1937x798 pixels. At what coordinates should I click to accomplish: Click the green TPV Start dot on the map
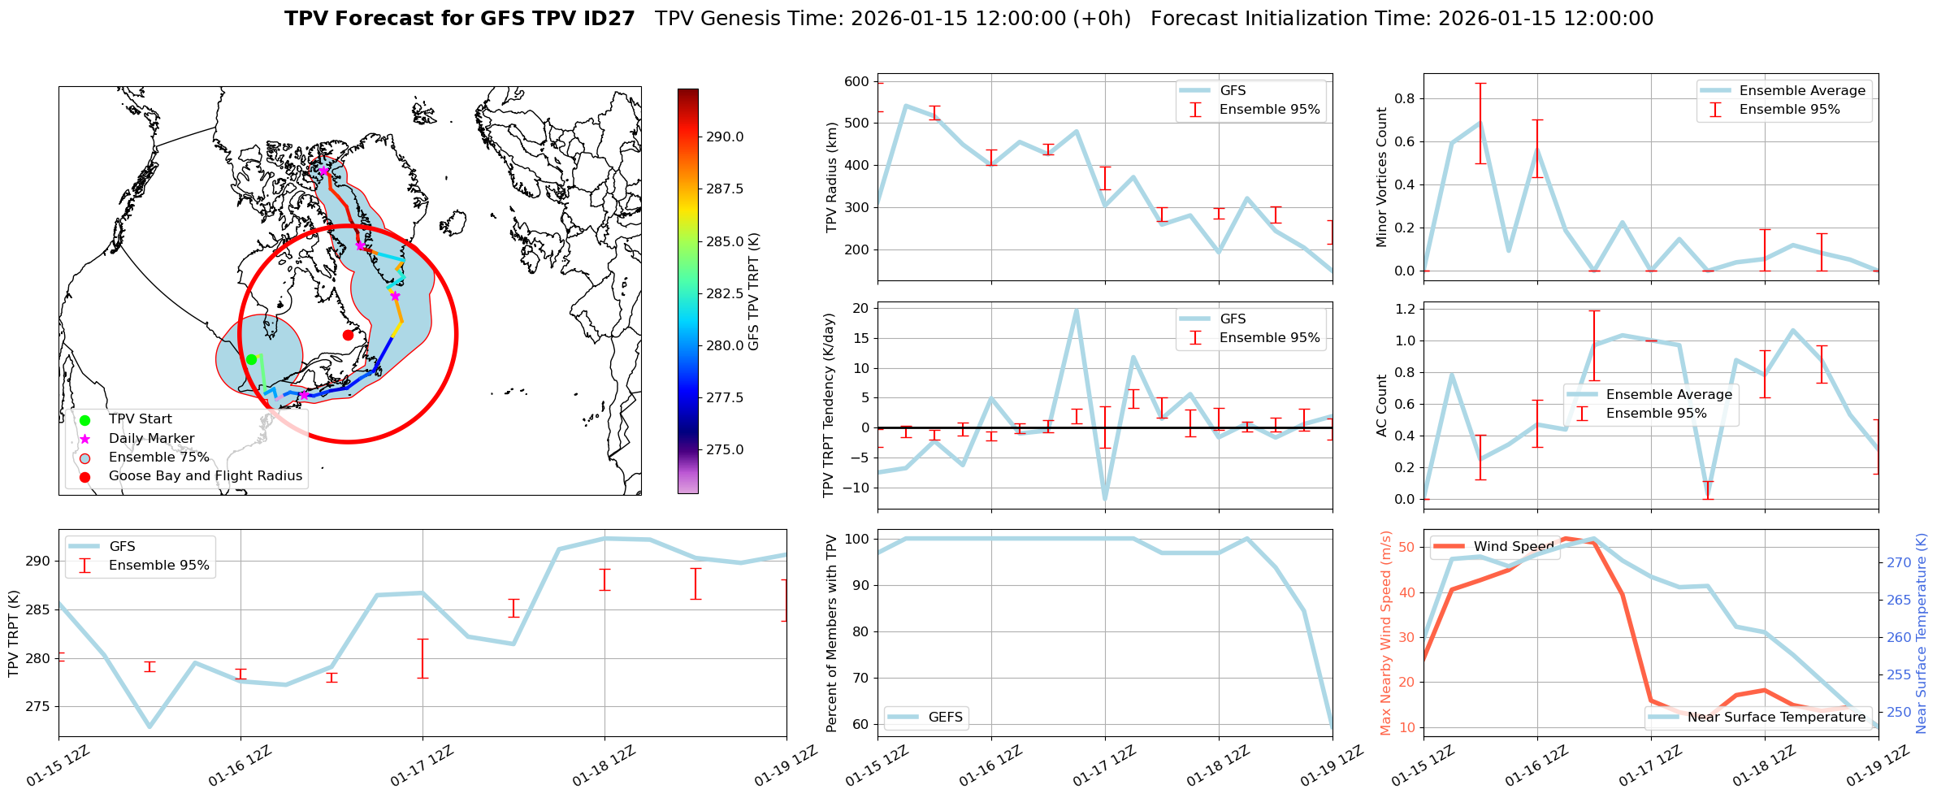click(251, 359)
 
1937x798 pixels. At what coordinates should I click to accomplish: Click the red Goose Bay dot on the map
click(348, 335)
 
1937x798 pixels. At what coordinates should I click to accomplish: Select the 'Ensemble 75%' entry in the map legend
click(158, 458)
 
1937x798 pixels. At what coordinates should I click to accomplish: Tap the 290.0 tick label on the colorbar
click(725, 137)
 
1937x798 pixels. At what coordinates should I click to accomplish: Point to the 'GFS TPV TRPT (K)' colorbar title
click(754, 292)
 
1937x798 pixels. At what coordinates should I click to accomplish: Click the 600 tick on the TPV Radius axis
click(857, 81)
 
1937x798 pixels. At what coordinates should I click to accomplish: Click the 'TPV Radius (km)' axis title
click(831, 177)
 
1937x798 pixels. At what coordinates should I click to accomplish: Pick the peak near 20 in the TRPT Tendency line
click(1077, 310)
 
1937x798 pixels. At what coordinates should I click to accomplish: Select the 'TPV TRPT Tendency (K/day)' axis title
click(828, 405)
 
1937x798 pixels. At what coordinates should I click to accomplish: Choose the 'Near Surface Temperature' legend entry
click(1776, 718)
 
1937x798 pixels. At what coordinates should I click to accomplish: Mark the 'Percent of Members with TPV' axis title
click(831, 633)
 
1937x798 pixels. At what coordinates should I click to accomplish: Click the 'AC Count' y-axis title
click(1382, 406)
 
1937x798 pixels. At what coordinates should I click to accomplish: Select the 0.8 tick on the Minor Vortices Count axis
click(1404, 99)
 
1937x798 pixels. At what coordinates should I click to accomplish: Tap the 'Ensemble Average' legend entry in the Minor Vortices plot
click(1801, 91)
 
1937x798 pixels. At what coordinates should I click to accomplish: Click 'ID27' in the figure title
click(609, 19)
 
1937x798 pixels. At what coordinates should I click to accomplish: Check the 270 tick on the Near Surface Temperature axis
click(1899, 562)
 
